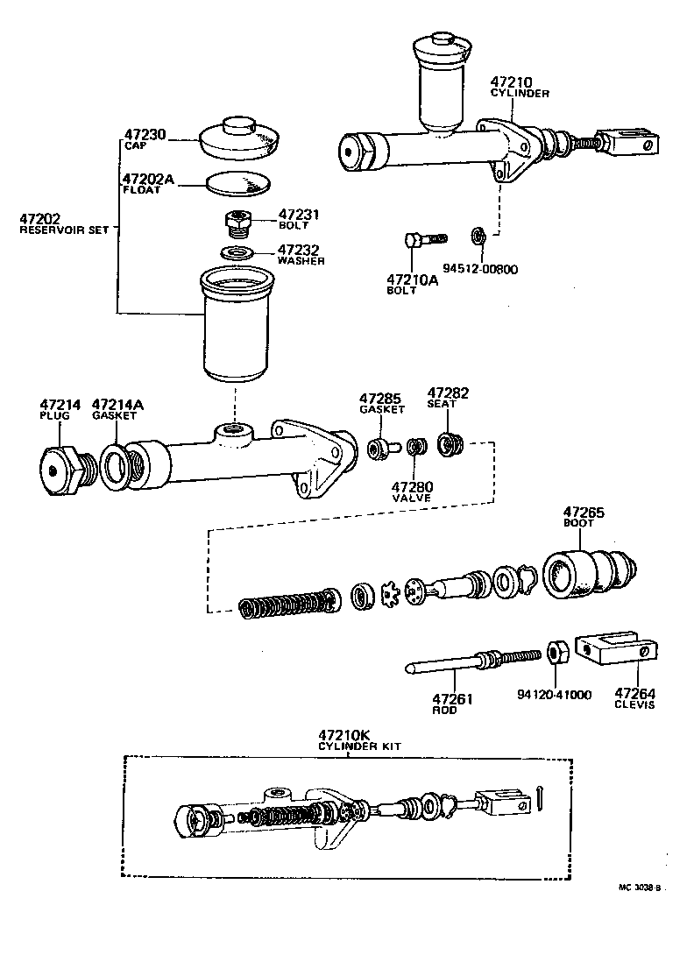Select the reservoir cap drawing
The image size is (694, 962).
tap(239, 136)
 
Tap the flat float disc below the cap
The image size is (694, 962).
tap(238, 182)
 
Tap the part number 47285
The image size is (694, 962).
tap(381, 398)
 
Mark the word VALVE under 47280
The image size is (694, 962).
tap(412, 498)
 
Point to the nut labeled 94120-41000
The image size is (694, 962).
tap(555, 654)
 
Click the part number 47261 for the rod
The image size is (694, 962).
tap(452, 697)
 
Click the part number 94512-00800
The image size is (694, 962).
tap(480, 269)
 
